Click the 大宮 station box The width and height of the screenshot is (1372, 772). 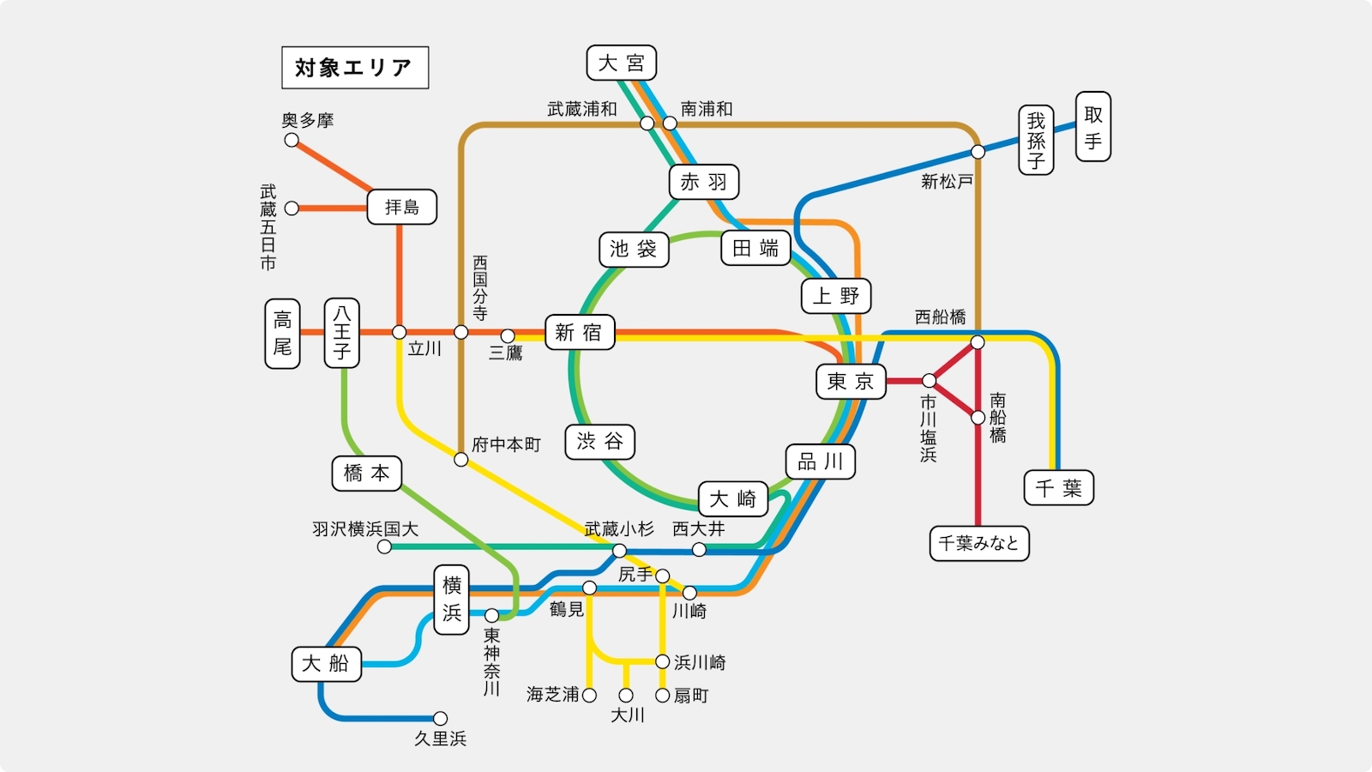(x=621, y=63)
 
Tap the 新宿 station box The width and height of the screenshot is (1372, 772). (x=580, y=332)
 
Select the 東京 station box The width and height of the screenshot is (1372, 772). (x=851, y=381)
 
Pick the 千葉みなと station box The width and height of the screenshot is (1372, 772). (x=978, y=543)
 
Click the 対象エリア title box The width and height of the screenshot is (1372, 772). (x=355, y=68)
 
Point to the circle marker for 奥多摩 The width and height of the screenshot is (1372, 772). (x=292, y=141)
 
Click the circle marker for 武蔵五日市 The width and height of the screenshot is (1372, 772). (x=292, y=208)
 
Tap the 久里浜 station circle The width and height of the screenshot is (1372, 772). (x=440, y=718)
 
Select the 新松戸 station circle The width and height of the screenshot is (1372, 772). (x=978, y=151)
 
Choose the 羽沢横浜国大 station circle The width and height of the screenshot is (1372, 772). (x=384, y=546)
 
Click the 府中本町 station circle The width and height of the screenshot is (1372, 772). (x=460, y=460)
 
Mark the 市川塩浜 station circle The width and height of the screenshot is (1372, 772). (x=929, y=381)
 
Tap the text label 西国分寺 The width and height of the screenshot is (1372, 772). (x=479, y=288)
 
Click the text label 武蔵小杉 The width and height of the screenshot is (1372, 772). (x=618, y=528)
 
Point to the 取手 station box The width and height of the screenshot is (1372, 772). (x=1092, y=127)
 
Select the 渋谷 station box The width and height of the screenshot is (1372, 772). (x=599, y=441)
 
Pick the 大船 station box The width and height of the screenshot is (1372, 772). (x=326, y=664)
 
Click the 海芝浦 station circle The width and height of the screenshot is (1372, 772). (x=589, y=695)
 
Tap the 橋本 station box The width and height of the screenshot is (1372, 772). (x=366, y=473)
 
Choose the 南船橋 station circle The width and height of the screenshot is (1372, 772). (x=978, y=418)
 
